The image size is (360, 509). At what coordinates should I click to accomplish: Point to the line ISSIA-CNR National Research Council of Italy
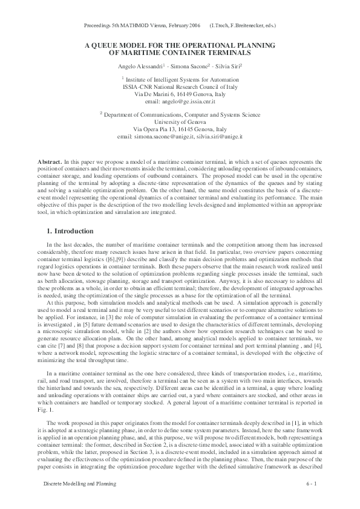click(x=180, y=86)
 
